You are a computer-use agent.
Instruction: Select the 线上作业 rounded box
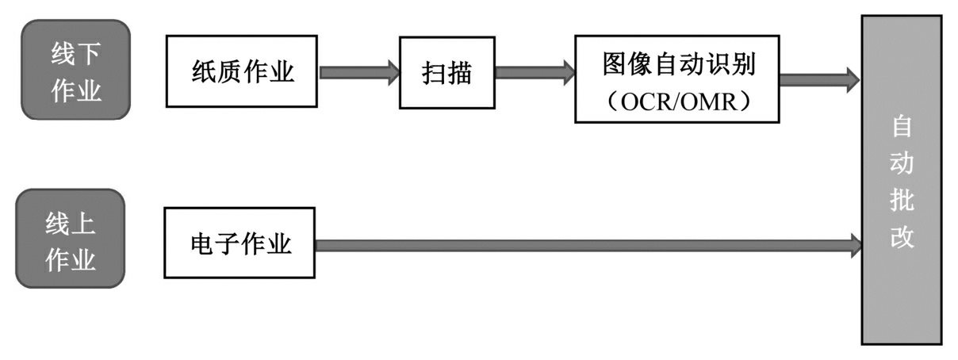(x=71, y=239)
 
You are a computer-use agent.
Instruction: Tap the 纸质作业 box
(x=242, y=73)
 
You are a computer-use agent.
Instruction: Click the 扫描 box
(x=446, y=73)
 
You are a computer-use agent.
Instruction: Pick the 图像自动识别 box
(x=676, y=79)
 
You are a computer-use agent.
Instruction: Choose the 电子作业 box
(x=239, y=243)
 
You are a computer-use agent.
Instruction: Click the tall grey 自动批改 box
(x=902, y=179)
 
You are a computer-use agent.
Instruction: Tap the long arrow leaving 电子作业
(x=587, y=246)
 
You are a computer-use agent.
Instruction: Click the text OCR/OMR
(x=676, y=102)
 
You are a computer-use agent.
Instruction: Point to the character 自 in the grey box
(x=902, y=125)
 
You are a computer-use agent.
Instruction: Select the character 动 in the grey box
(x=902, y=163)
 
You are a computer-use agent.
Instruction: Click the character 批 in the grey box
(x=902, y=200)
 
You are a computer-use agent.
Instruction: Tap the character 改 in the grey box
(x=902, y=237)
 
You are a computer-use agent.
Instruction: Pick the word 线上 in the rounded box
(x=71, y=224)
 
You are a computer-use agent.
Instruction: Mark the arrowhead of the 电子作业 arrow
(x=856, y=246)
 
